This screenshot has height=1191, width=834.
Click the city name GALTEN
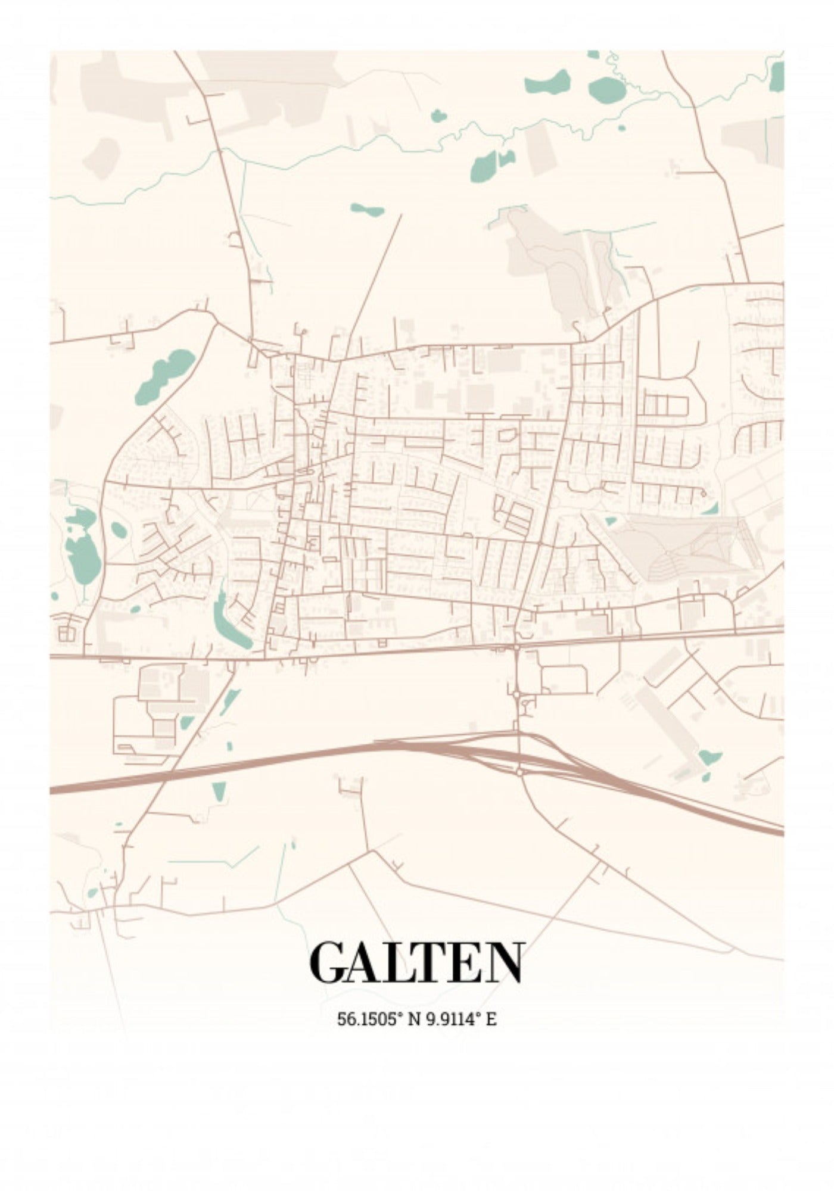tap(416, 963)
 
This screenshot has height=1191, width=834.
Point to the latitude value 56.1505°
tap(368, 1019)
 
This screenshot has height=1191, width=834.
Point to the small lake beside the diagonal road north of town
tap(367, 210)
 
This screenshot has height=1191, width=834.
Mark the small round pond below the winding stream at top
tap(438, 116)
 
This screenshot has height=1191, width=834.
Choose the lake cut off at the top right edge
tap(777, 76)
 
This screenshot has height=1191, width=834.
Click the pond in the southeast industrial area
tap(709, 758)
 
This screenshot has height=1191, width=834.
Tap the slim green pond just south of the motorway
tap(219, 791)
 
